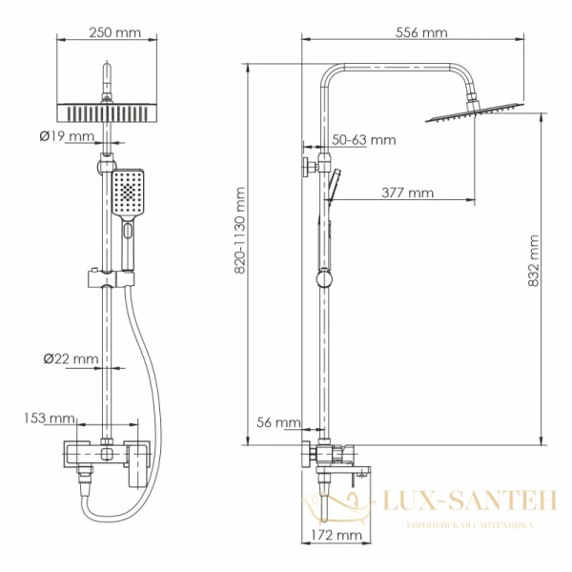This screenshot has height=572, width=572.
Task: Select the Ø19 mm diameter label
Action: click(67, 135)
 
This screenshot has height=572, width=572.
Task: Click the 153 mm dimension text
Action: click(50, 418)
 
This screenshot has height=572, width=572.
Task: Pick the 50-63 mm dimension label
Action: click(362, 140)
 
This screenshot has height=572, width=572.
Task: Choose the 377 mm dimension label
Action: click(407, 193)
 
